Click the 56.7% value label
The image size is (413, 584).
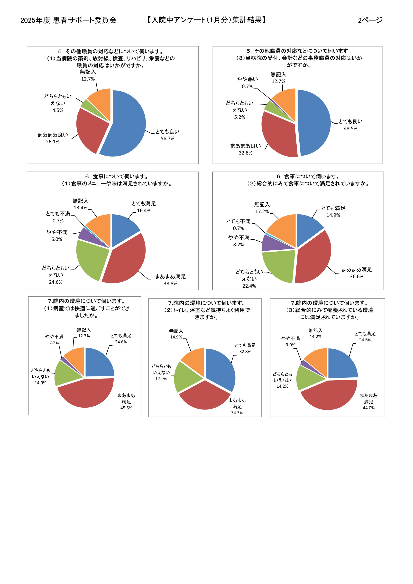(167, 139)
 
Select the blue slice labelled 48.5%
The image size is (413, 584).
(314, 122)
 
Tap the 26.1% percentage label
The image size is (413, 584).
(53, 142)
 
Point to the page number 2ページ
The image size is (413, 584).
(370, 20)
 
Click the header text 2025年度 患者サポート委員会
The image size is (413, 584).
(68, 20)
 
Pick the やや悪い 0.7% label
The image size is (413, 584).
(247, 83)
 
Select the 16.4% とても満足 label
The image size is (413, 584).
(144, 207)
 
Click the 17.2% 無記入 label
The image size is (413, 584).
(262, 208)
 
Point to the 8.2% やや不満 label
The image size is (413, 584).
(239, 241)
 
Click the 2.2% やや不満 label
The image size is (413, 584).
(54, 339)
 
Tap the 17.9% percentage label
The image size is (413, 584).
(161, 379)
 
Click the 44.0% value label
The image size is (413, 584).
(368, 408)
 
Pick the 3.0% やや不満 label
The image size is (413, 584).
(290, 341)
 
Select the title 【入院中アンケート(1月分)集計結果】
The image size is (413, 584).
(206, 20)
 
